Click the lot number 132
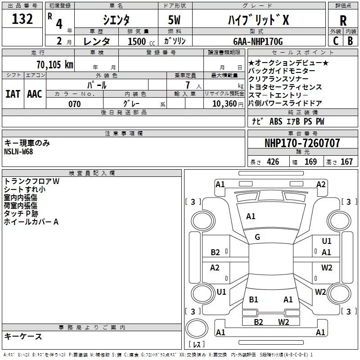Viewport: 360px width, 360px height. (x=22, y=20)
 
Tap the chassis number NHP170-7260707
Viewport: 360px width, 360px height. (x=302, y=143)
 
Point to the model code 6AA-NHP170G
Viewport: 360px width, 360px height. (x=258, y=41)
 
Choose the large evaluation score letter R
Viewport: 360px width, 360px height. (x=343, y=20)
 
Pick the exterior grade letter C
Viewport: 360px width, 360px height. (x=335, y=41)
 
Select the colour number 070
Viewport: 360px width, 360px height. (x=74, y=104)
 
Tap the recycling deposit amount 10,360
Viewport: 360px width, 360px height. (x=220, y=104)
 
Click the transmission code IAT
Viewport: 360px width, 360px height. (x=13, y=94)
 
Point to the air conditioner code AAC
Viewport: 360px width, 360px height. (x=35, y=94)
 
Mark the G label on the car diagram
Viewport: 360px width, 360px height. (x=257, y=237)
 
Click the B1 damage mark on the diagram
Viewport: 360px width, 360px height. (x=253, y=299)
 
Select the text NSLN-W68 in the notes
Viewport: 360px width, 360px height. (x=18, y=151)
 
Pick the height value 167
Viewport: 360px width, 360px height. (x=346, y=162)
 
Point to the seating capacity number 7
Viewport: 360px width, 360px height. (x=187, y=85)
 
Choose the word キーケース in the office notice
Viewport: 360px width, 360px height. (x=23, y=337)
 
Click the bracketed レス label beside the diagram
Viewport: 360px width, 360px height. (x=196, y=345)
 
